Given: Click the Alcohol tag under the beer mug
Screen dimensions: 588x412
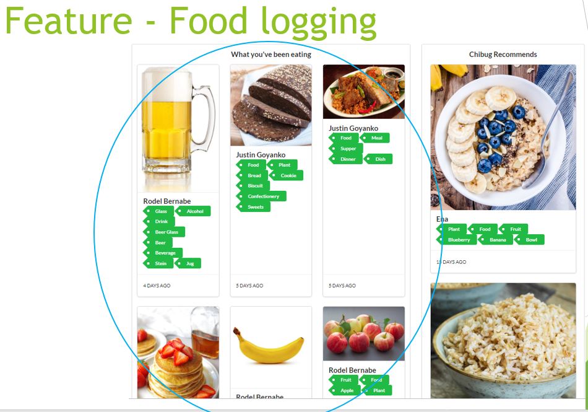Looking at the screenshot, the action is click(x=195, y=211).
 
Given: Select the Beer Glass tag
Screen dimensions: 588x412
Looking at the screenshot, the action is click(x=166, y=232).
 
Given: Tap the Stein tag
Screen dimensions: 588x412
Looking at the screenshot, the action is click(x=160, y=263).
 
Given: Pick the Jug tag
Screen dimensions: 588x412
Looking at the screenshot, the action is click(x=189, y=263).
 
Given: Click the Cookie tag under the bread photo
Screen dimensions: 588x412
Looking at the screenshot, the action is click(x=288, y=175).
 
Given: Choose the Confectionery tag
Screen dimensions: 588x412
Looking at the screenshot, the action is click(x=263, y=196).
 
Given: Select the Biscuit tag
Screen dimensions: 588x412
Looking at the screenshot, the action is click(x=255, y=186).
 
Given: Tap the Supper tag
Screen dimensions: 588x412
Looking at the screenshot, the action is click(x=348, y=149).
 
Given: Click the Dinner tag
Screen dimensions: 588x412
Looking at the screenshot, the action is click(x=348, y=159).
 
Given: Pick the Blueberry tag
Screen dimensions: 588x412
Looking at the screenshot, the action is click(x=459, y=240).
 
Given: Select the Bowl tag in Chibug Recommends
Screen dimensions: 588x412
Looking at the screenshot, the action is click(x=531, y=240).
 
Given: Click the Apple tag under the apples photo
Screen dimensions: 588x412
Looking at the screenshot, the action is click(x=347, y=391).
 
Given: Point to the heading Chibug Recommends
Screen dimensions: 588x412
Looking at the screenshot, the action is click(x=503, y=55).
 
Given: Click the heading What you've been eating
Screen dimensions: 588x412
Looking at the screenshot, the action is click(x=271, y=55).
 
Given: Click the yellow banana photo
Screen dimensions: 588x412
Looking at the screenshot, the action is click(x=269, y=346).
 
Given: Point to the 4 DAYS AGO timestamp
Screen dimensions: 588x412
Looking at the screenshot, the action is click(x=157, y=286).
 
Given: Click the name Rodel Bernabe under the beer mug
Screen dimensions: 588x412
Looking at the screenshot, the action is click(x=167, y=201).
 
